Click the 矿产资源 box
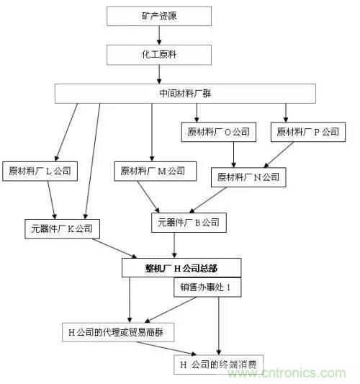(x=158, y=14)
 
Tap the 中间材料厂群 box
(x=186, y=94)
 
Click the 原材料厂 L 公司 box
(x=42, y=171)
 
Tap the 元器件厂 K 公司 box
(x=61, y=229)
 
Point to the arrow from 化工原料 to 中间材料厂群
(x=158, y=73)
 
